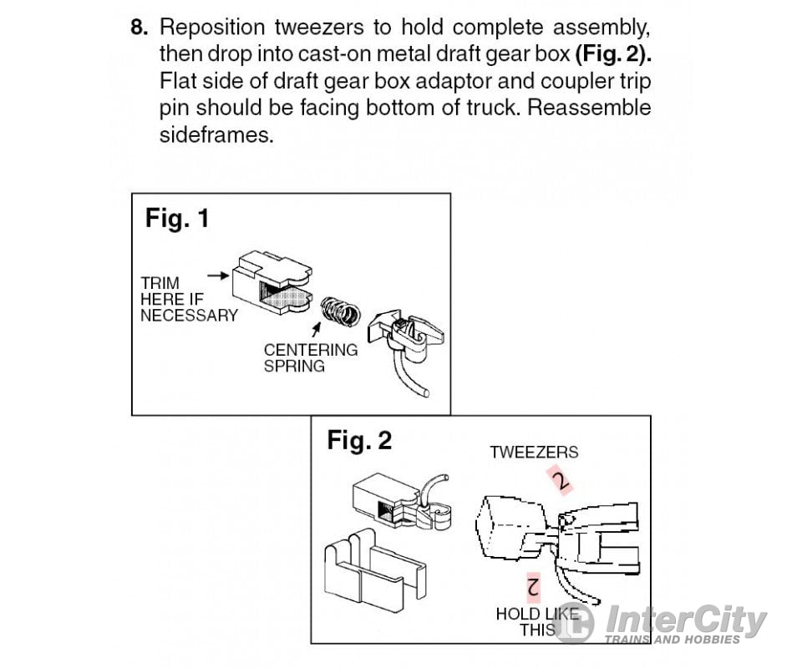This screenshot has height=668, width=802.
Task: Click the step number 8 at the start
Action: click(x=140, y=27)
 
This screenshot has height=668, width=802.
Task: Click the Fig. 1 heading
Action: click(x=177, y=219)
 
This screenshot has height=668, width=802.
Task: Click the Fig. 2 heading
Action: click(x=359, y=440)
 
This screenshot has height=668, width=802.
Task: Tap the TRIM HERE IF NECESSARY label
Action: click(x=189, y=299)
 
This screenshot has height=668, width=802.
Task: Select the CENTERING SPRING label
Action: click(x=310, y=357)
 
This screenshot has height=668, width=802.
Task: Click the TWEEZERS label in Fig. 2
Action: click(x=534, y=452)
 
